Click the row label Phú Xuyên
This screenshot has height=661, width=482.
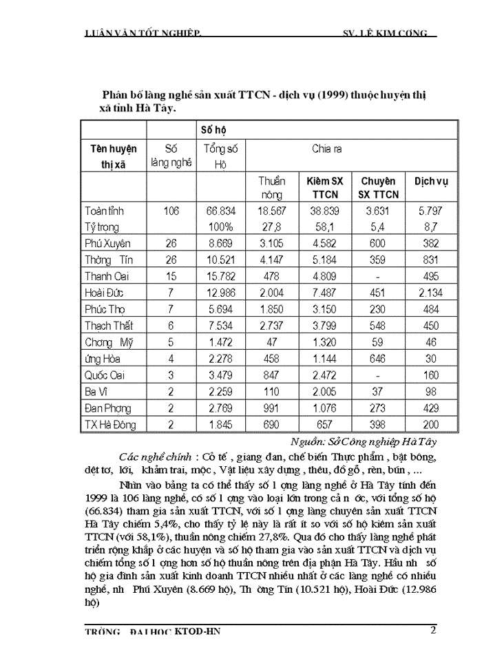point(107,243)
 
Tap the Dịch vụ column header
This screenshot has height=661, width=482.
point(431,181)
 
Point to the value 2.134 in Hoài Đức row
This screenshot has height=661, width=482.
point(431,293)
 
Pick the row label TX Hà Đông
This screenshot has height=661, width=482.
point(114,425)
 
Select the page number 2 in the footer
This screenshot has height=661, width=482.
point(432,629)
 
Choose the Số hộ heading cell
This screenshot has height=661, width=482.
point(213,129)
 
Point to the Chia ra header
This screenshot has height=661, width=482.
point(328,148)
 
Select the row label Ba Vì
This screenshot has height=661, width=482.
point(99,392)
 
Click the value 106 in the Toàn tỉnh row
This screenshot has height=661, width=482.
point(171,211)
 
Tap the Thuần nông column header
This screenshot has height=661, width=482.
point(271,187)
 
